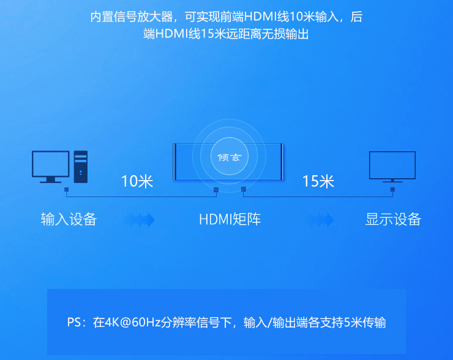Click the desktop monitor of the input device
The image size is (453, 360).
(50, 165)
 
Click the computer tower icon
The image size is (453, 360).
(81, 166)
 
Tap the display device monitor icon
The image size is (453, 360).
(392, 166)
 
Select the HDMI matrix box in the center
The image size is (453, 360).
(229, 162)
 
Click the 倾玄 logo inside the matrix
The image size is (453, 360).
(229, 157)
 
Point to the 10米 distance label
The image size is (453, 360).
(137, 181)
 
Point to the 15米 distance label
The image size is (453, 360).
(318, 181)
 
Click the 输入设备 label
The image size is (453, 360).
(69, 219)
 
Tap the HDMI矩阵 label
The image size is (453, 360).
(230, 219)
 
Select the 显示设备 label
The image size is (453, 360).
(393, 219)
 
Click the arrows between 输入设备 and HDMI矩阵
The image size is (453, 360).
(139, 219)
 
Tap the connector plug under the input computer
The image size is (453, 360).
(66, 189)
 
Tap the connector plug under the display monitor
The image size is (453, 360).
(392, 189)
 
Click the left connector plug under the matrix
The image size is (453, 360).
(215, 189)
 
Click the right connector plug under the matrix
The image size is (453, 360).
(243, 189)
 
